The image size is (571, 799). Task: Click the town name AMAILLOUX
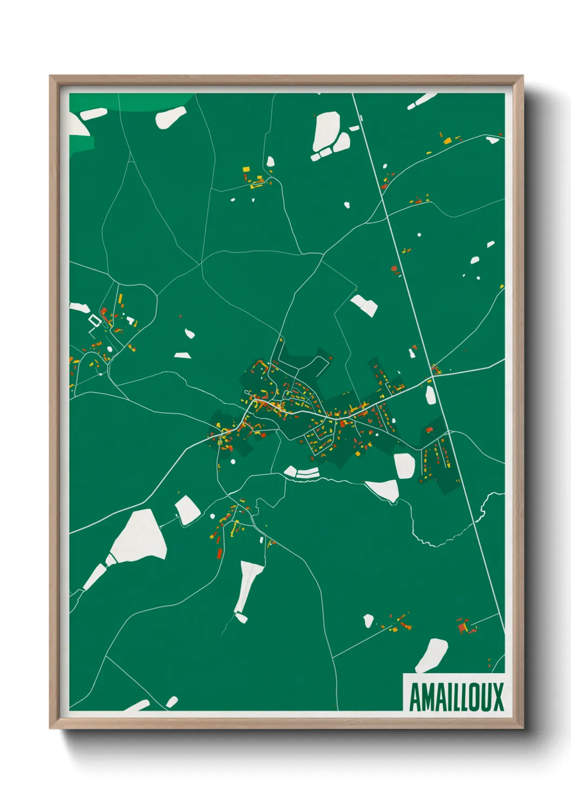coord(456,696)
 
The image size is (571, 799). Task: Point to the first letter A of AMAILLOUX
coord(417,697)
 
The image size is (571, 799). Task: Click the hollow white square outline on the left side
coord(95,321)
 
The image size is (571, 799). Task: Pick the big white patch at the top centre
coord(327,130)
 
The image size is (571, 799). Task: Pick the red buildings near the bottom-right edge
coord(463,627)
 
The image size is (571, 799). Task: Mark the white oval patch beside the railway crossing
coord(430,395)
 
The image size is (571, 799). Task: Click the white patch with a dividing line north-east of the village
coord(365,305)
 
